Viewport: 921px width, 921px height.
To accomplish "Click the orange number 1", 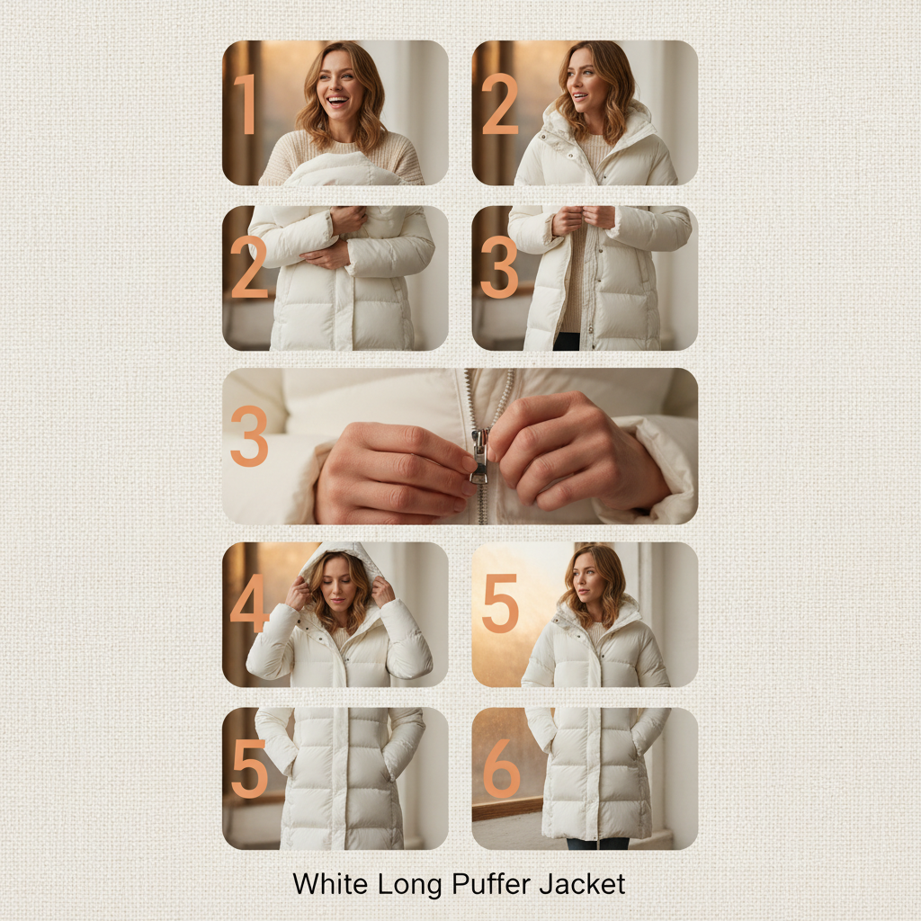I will point(246,104).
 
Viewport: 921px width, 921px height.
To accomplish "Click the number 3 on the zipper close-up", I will point(249,436).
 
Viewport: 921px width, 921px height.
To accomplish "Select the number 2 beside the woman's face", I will point(499,104).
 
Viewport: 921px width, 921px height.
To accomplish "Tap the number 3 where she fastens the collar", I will point(498,266).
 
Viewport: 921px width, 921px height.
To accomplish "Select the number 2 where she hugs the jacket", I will point(249,266).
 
